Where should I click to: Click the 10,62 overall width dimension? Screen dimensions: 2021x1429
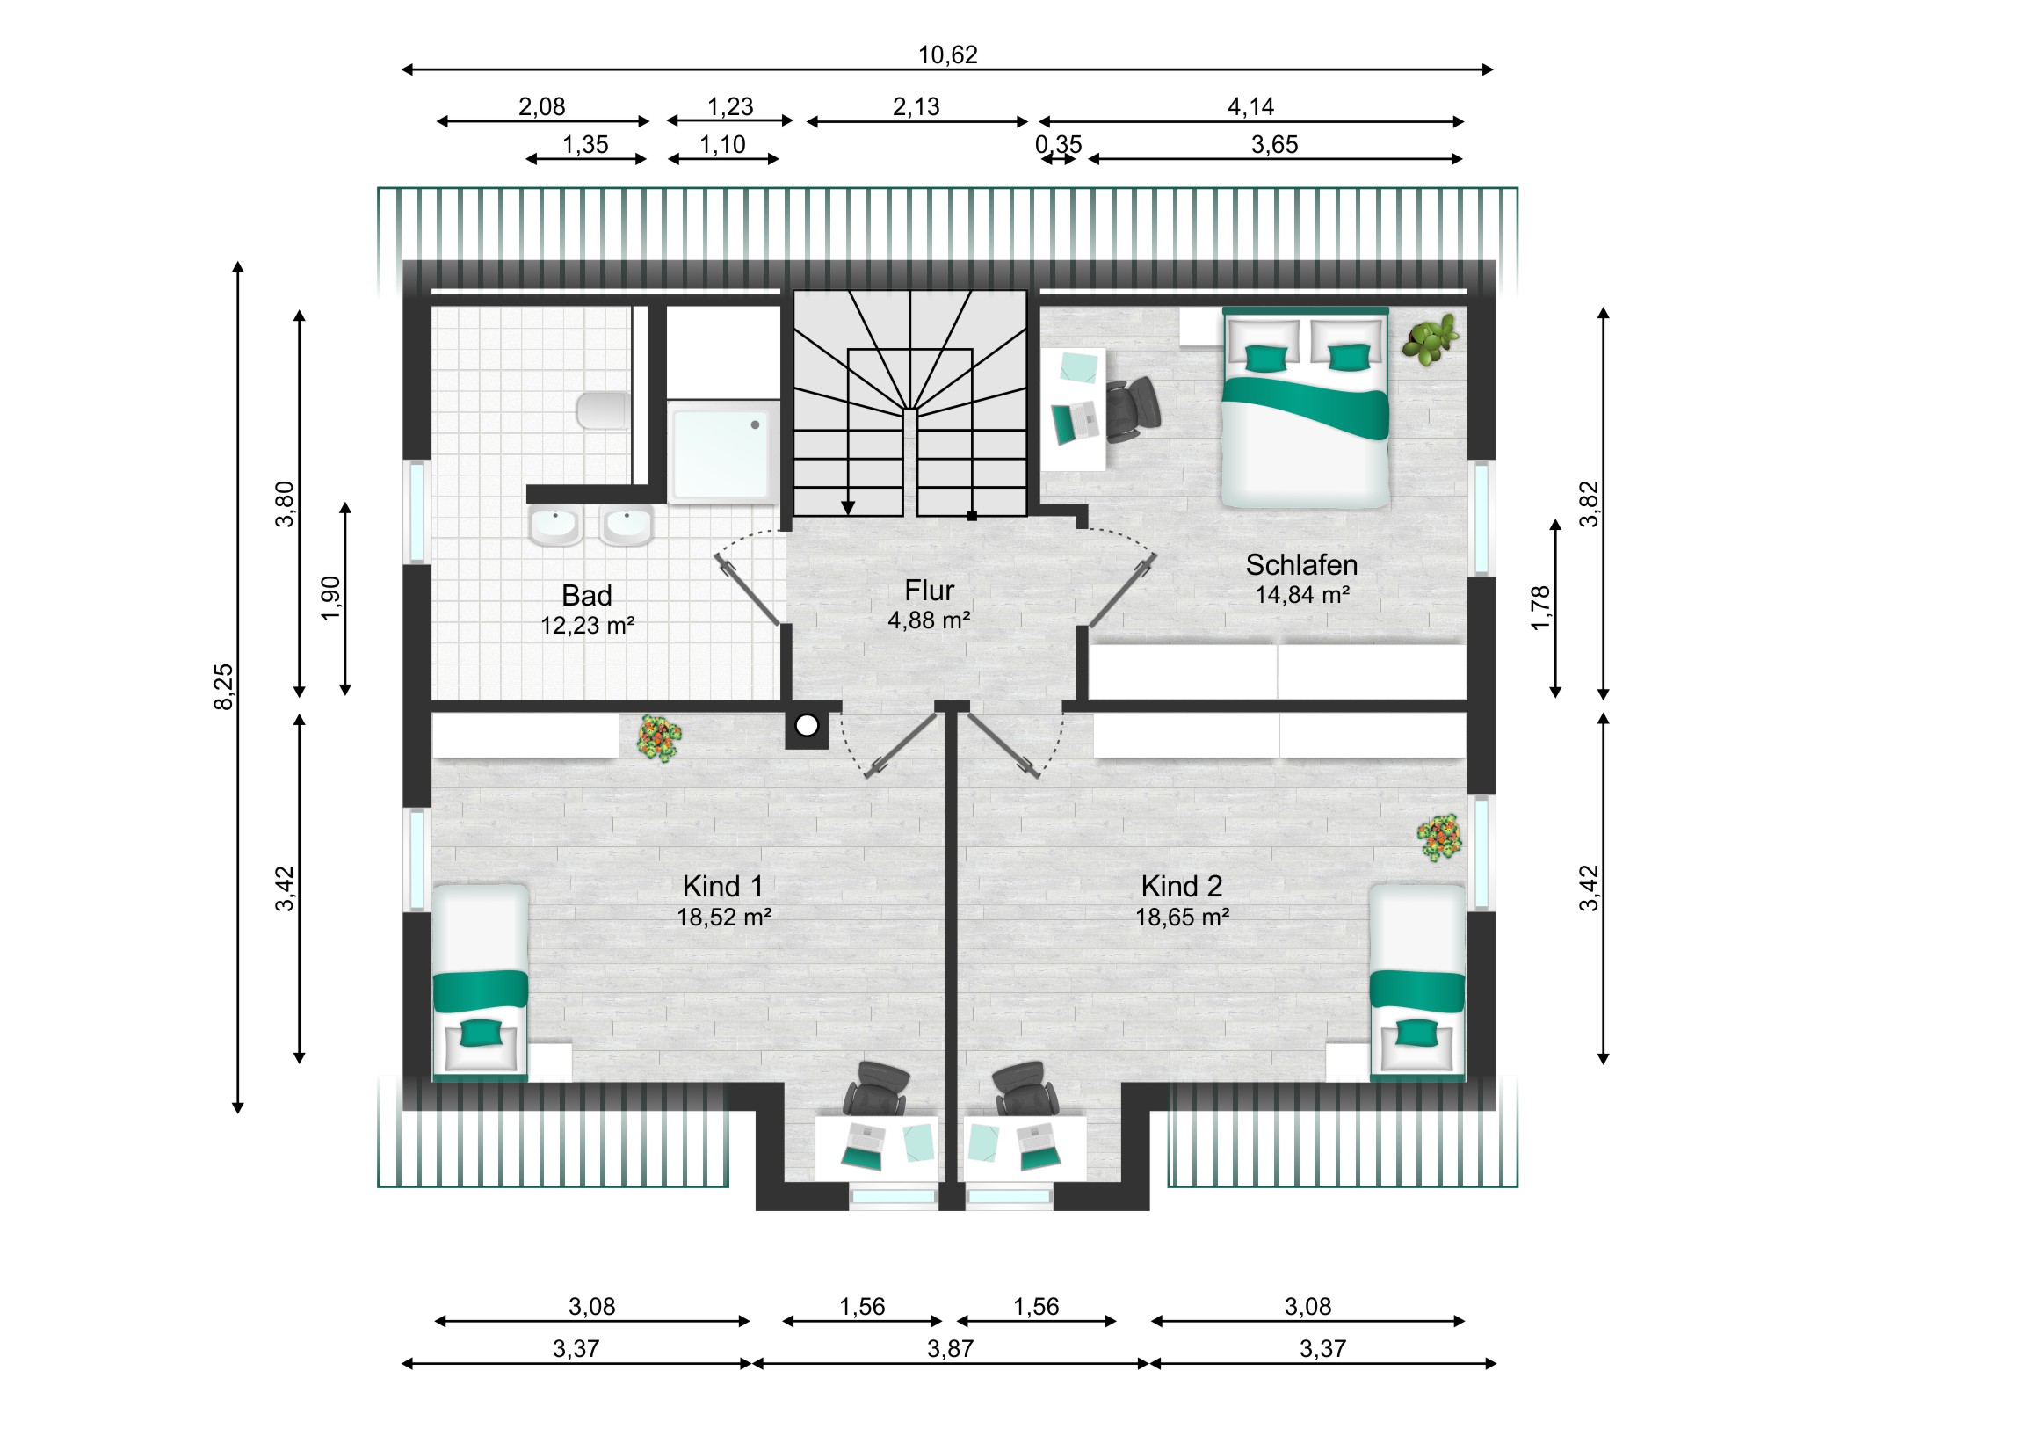coord(947,55)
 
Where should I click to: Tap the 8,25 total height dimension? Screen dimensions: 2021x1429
coord(225,686)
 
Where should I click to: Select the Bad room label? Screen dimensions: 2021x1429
coord(586,596)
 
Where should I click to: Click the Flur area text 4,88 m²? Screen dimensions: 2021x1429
coord(929,620)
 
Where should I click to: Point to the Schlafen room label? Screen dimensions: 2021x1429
coord(1301,564)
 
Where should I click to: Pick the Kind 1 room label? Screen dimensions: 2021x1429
coord(721,886)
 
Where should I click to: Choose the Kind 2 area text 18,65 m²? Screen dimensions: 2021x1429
coord(1181,918)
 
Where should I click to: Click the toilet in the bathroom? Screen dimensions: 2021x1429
coord(603,410)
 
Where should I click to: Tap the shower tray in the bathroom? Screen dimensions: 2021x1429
coord(722,453)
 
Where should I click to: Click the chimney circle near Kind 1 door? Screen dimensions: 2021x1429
coord(808,726)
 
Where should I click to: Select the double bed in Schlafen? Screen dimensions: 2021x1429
coord(1306,408)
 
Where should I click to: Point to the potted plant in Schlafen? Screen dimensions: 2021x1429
coord(1431,339)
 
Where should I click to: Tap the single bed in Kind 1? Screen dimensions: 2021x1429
coord(481,982)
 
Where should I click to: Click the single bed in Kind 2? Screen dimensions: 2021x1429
coord(1417,982)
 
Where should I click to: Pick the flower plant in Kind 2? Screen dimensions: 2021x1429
coord(1439,838)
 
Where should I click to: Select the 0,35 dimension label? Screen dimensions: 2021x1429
coord(1058,144)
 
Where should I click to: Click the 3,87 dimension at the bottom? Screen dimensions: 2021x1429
coord(950,1348)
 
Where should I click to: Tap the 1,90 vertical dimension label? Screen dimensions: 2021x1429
coord(331,598)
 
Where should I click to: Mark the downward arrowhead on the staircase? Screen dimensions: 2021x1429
coord(848,508)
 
